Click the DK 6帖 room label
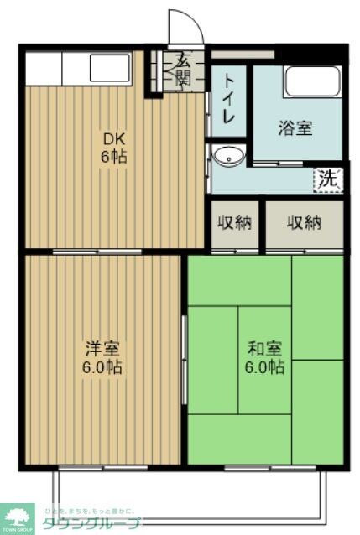(115, 148)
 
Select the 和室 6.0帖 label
(264, 357)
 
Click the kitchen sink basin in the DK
(110, 67)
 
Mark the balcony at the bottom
(189, 495)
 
